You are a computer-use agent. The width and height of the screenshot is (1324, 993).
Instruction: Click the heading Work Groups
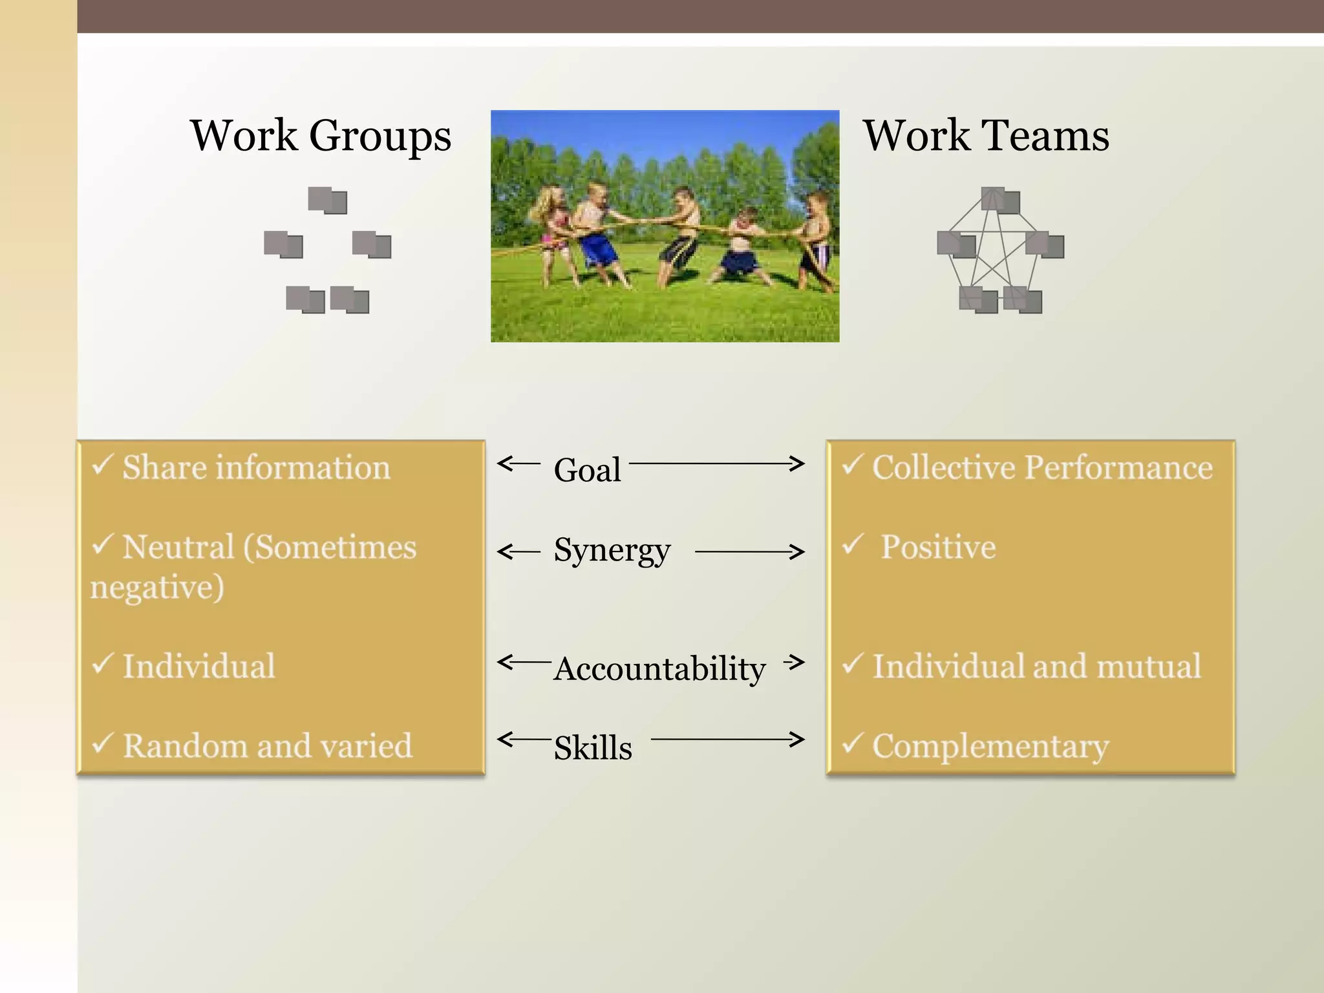321,136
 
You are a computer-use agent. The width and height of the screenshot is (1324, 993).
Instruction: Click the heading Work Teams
986,136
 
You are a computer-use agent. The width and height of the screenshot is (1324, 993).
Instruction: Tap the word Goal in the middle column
587,469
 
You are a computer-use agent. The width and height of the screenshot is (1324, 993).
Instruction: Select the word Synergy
612,551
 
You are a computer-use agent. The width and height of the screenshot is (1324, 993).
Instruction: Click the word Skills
593,747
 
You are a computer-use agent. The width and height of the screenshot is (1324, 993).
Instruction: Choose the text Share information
257,467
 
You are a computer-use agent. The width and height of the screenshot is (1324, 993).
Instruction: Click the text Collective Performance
1042,467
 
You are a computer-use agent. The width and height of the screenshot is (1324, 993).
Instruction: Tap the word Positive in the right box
938,547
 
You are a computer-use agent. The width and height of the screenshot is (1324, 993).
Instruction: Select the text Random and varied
268,745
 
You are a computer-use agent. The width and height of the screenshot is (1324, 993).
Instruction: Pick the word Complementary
990,746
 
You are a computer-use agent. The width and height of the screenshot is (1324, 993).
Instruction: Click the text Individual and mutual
1037,666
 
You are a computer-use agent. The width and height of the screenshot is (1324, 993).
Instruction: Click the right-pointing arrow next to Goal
716,463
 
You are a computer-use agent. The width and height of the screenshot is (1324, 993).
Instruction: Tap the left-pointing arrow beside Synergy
518,552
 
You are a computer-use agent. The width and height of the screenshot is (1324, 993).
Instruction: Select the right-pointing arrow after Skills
727,739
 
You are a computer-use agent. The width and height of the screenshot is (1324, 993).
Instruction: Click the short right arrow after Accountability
794,661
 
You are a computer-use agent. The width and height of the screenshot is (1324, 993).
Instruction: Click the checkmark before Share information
103,464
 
